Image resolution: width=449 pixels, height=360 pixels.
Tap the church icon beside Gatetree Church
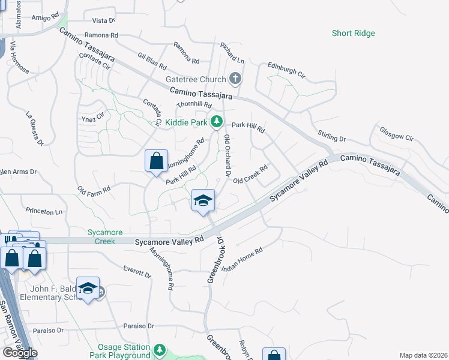(x=235, y=78)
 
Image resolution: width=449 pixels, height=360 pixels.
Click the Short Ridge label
(x=353, y=33)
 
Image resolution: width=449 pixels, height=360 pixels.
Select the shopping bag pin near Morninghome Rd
(x=156, y=161)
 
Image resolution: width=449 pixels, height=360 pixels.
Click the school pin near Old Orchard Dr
(x=203, y=201)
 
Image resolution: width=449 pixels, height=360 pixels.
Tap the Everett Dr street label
(x=137, y=272)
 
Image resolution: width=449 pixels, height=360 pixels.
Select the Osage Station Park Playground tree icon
(x=159, y=349)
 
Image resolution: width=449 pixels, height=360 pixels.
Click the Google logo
(x=20, y=353)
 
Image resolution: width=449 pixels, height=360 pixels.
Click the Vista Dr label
(x=103, y=20)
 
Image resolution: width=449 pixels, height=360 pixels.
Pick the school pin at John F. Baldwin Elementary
(x=88, y=289)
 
